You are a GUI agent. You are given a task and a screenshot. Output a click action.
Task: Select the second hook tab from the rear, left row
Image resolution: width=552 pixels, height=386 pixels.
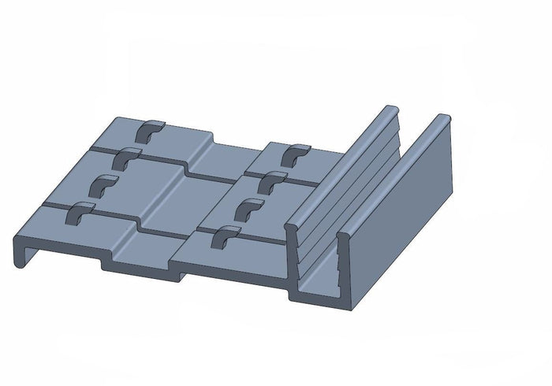(x=127, y=157)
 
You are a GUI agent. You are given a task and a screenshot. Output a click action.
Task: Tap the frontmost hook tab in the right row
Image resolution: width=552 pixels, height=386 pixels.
(x=227, y=234)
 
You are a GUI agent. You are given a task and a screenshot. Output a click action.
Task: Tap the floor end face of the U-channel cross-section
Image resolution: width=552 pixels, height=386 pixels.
(x=315, y=296)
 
